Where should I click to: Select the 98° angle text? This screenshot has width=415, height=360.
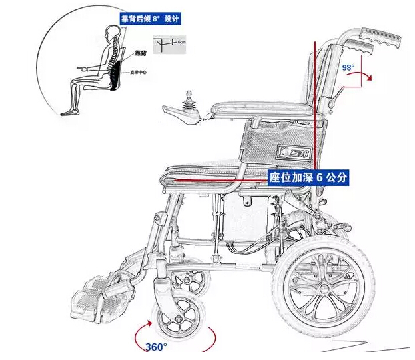[x=348, y=68]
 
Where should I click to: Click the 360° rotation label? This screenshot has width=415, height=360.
[x=156, y=347]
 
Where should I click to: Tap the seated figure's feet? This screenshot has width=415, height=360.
[x=69, y=113]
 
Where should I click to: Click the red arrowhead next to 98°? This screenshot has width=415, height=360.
[x=369, y=79]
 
